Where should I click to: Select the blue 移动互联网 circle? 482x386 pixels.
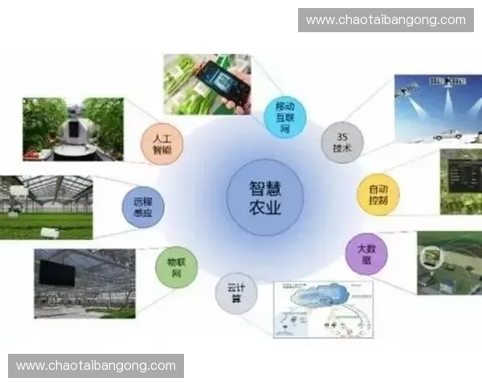click(x=285, y=117)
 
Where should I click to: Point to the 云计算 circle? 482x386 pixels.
click(x=235, y=293)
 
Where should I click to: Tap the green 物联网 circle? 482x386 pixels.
click(x=176, y=268)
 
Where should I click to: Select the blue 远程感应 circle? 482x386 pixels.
click(x=142, y=206)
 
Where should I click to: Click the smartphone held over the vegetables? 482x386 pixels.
click(x=223, y=81)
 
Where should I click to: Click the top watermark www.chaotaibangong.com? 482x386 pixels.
click(x=386, y=19)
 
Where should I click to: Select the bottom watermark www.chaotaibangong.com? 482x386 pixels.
click(x=96, y=366)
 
